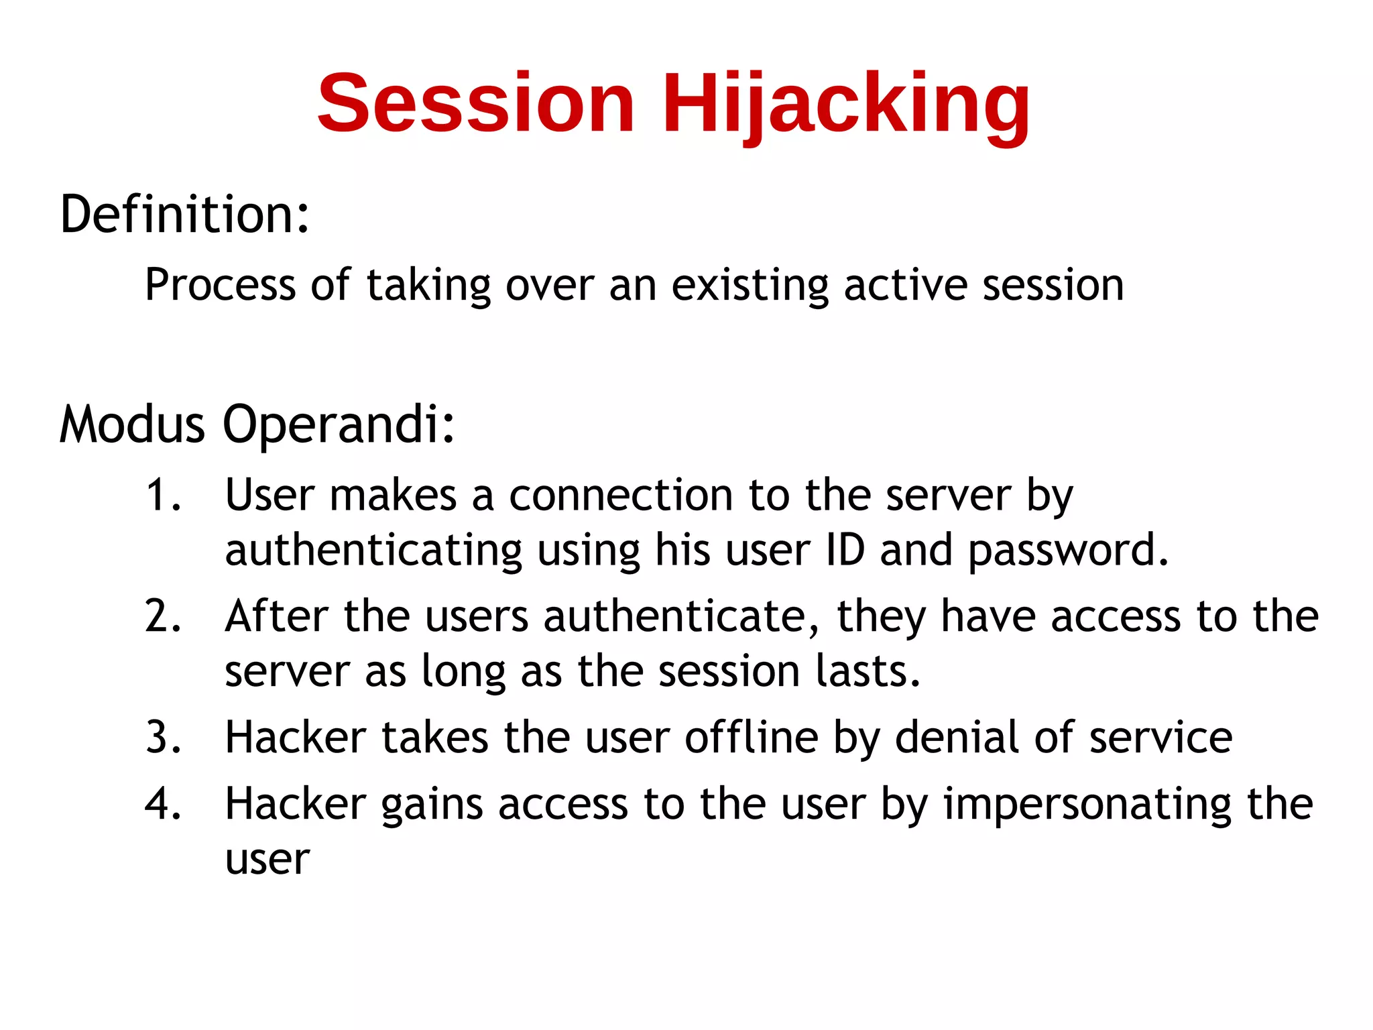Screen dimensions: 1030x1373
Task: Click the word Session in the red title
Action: tap(475, 104)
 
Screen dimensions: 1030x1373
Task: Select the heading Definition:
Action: tap(185, 215)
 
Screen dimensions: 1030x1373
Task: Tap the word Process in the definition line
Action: tap(220, 285)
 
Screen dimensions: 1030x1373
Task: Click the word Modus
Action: tap(132, 424)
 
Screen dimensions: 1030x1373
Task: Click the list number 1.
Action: tap(163, 496)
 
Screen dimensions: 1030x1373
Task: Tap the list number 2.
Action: tap(163, 616)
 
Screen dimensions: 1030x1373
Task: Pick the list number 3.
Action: tap(163, 738)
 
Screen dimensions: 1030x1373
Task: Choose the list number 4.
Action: tap(163, 804)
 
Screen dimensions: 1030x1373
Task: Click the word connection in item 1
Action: tap(621, 496)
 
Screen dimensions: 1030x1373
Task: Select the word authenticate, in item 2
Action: tap(681, 616)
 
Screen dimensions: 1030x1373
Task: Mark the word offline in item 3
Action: tap(752, 738)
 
